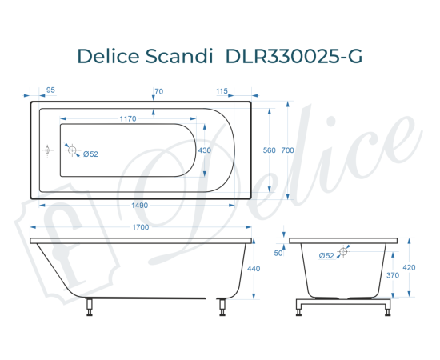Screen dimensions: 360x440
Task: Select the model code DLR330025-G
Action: (295, 56)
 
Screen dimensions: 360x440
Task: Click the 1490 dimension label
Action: (140, 206)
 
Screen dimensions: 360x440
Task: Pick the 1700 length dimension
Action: (140, 228)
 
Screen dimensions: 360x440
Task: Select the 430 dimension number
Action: (205, 150)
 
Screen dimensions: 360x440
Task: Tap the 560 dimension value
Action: (270, 150)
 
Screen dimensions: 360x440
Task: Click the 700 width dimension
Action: (288, 150)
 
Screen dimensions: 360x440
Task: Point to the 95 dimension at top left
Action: (50, 90)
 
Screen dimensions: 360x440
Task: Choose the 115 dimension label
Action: (222, 90)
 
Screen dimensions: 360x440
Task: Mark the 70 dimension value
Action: (158, 90)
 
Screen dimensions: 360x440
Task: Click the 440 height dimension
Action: (255, 269)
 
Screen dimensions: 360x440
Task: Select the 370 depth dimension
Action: (394, 275)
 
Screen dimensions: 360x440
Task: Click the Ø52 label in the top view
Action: (90, 154)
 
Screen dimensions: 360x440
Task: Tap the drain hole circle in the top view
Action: (73, 150)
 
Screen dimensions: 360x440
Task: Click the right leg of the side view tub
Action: (221, 306)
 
